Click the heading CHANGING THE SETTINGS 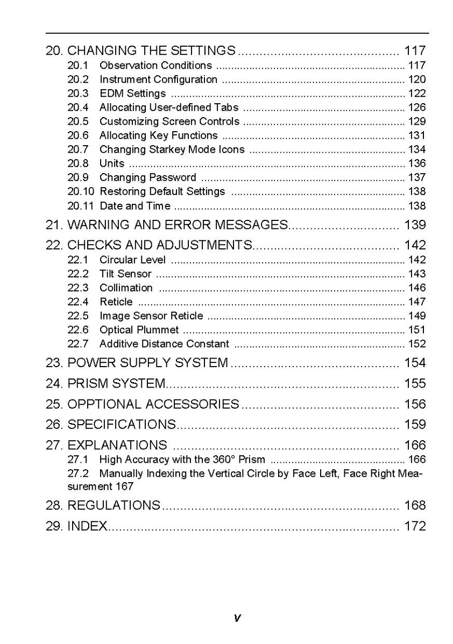coord(151,51)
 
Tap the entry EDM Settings coord(132,94)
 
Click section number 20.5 coord(78,121)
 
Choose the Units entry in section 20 coord(112,163)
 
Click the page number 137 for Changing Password coord(416,177)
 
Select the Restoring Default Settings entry coord(162,191)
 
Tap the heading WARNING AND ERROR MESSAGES coord(178,225)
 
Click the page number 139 coord(415,225)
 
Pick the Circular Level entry coord(132,260)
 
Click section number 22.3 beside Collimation coord(78,288)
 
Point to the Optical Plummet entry coord(139,330)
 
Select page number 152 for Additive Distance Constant coord(416,344)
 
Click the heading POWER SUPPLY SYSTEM coord(147,363)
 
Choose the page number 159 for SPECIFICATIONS coord(415,425)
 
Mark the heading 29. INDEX coord(77,526)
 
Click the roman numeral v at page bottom coord(237,619)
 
